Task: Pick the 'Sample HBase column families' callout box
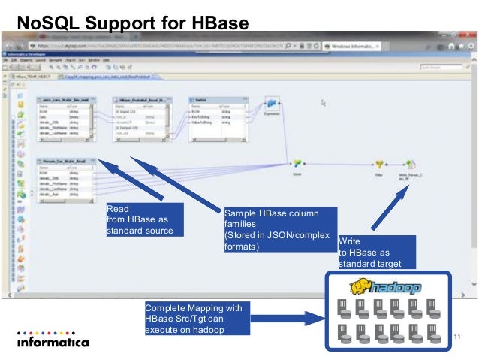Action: tap(279, 228)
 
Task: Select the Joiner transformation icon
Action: tap(297, 162)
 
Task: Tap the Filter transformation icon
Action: tap(380, 163)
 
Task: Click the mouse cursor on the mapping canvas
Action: tap(323, 103)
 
